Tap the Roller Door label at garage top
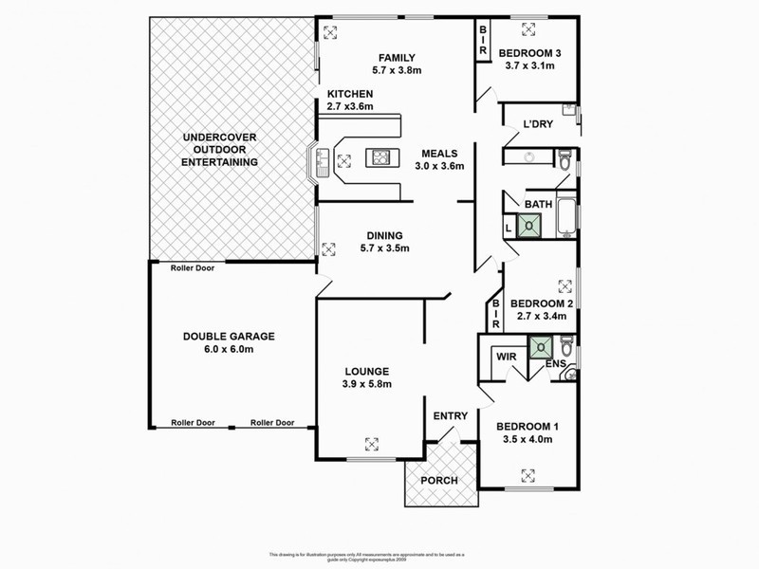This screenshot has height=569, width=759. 192,268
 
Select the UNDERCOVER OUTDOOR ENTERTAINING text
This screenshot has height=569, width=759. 220,151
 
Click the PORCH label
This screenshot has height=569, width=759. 438,480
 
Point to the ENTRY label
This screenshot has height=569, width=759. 448,416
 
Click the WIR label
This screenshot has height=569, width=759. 505,358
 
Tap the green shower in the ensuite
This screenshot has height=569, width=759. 541,346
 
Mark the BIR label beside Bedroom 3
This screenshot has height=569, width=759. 482,39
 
